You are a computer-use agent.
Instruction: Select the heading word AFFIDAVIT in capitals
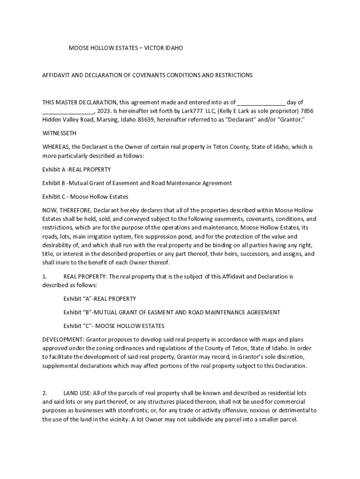point(58,75)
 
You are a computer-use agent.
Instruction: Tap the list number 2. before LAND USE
point(45,393)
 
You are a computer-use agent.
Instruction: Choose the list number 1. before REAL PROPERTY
point(45,276)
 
